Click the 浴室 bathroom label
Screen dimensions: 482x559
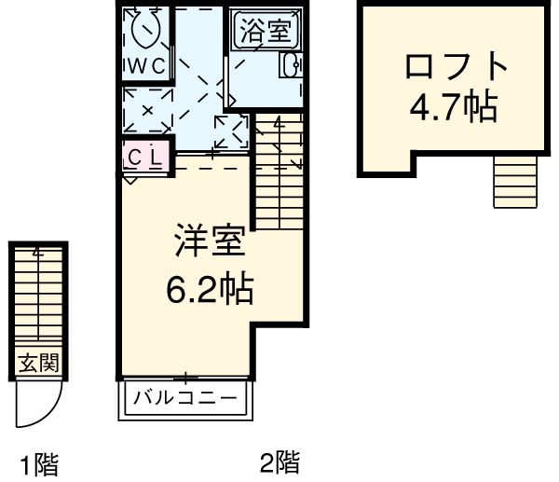pos(268,32)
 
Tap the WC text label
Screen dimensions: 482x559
pos(147,66)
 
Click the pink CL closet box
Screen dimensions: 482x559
pos(144,157)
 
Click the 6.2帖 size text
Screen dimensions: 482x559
pos(210,292)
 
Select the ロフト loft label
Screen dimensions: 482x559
pos(456,67)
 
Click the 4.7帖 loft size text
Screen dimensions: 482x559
pos(453,108)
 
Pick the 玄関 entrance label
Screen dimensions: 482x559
pos(37,364)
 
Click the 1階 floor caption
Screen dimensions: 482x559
pos(38,462)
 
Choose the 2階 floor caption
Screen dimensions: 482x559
pos(279,461)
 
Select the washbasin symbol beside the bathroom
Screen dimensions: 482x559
pos(290,64)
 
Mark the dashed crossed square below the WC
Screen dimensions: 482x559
pos(146,111)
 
